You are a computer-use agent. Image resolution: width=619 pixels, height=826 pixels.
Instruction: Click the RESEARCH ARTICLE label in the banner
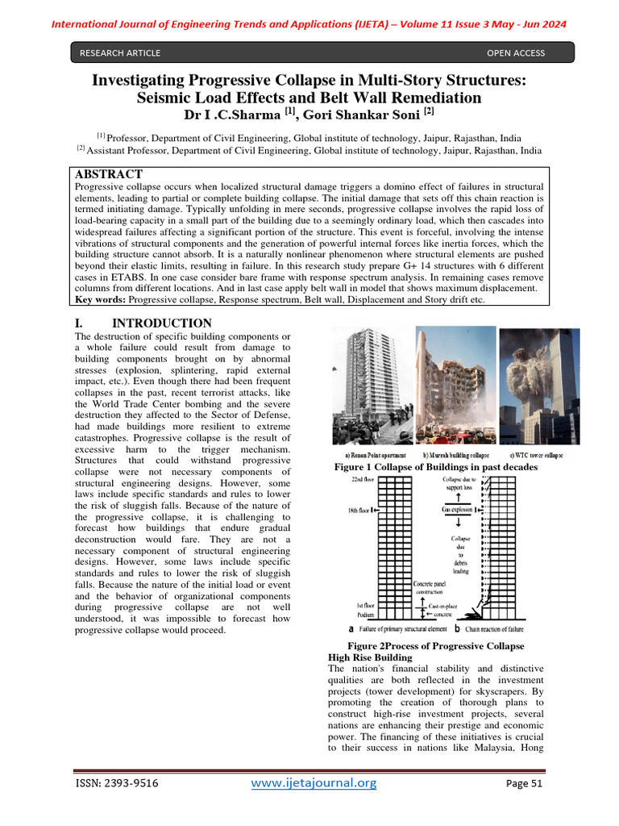119,53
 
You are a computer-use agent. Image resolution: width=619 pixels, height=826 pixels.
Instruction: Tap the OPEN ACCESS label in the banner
516,53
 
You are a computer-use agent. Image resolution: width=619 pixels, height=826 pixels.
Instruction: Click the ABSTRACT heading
108,174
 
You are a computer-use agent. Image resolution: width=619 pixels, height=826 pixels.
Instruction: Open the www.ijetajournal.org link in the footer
314,782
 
